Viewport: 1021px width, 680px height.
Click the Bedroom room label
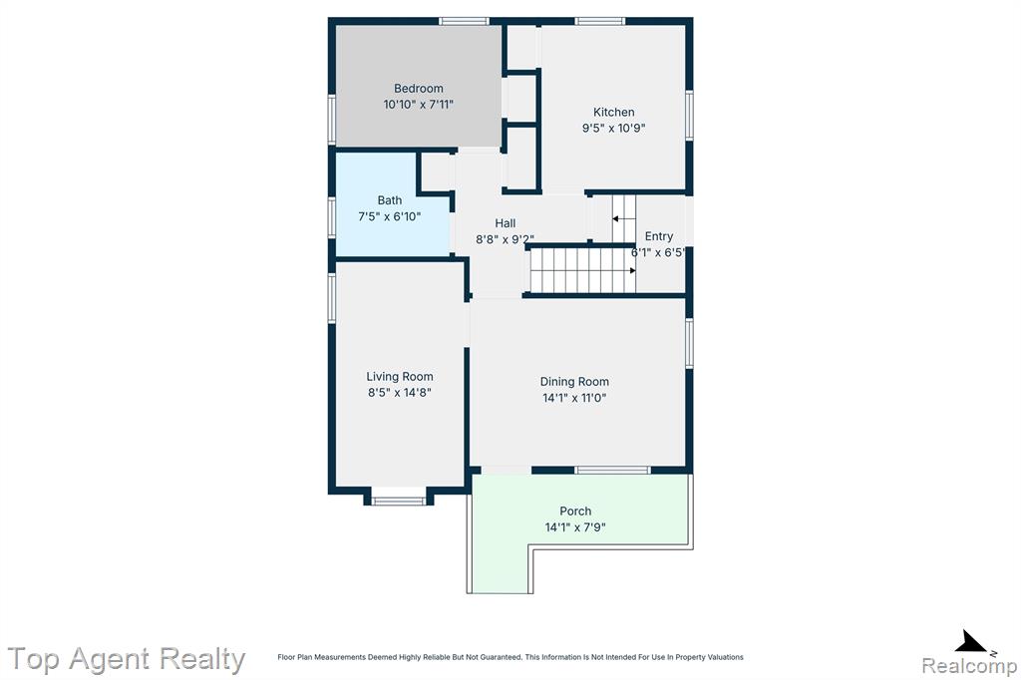(418, 89)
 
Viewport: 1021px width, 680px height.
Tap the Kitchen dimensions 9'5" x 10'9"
(613, 129)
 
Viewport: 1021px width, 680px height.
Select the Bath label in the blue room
(390, 200)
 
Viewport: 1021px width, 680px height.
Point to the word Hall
(505, 223)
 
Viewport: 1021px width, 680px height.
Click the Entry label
(658, 236)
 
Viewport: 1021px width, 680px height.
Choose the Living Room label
(399, 377)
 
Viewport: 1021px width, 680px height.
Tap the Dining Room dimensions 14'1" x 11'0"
(574, 398)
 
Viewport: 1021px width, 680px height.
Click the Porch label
(575, 511)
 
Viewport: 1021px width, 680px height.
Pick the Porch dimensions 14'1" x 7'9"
(575, 527)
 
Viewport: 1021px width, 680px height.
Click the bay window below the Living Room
(398, 501)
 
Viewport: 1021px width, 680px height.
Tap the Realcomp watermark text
(969, 666)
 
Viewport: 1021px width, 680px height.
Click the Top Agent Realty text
(127, 659)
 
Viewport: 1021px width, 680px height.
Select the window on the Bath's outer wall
(331, 218)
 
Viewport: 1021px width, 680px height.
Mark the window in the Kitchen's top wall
(599, 21)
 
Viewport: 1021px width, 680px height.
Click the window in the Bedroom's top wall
(464, 21)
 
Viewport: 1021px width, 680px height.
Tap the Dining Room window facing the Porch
(612, 471)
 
